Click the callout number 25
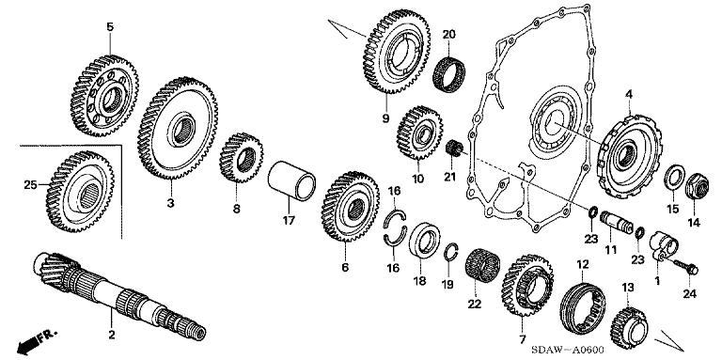click(x=30, y=185)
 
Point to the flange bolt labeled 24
click(x=686, y=267)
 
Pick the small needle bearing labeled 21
click(x=453, y=149)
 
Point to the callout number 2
click(x=111, y=335)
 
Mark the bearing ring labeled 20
click(x=449, y=75)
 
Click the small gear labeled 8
click(x=241, y=157)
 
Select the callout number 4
click(x=629, y=95)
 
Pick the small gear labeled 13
click(x=630, y=328)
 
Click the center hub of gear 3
click(x=182, y=131)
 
